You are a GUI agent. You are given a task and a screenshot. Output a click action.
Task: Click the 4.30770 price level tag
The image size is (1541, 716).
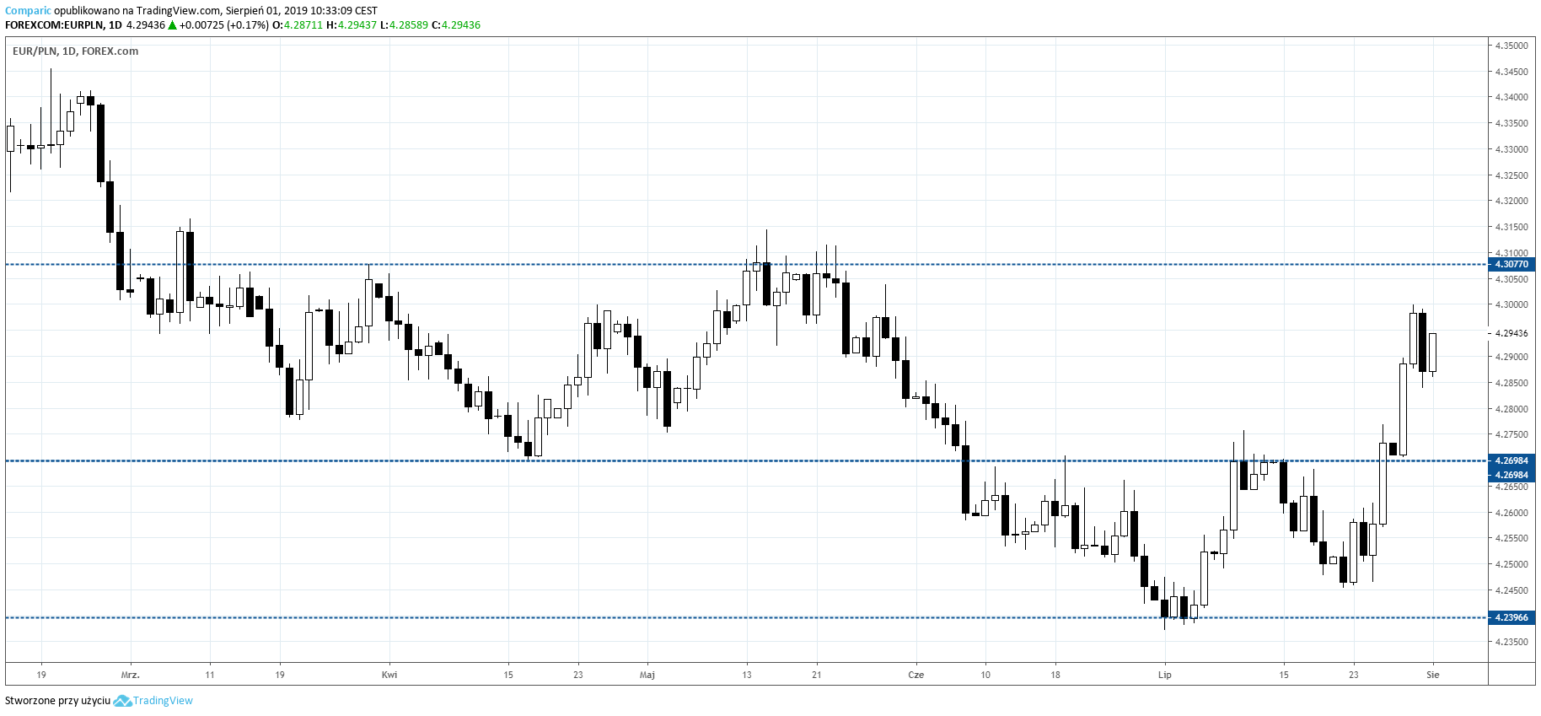pos(1511,264)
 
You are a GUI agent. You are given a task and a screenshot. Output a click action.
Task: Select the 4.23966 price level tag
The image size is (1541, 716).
pos(1511,617)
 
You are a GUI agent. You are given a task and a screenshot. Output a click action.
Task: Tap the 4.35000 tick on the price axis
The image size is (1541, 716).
pos(1511,46)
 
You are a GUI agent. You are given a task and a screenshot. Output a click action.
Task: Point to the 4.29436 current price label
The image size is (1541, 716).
pos(1511,333)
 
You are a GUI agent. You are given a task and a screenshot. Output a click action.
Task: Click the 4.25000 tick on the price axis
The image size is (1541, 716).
pos(1511,564)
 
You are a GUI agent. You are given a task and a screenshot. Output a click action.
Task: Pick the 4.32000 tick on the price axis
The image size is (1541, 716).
pos(1511,201)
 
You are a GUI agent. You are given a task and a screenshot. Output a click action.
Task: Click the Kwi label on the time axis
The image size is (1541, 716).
pos(389,675)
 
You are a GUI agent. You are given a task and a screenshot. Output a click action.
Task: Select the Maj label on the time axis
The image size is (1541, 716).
pos(647,675)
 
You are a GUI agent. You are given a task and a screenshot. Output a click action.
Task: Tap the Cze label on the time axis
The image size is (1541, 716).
pos(915,675)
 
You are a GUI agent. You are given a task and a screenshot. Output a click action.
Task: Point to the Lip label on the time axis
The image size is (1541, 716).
pos(1164,675)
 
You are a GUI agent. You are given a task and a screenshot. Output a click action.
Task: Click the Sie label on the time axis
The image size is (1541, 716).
pos(1432,675)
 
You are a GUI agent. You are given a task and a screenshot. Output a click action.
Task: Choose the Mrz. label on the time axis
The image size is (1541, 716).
pos(130,675)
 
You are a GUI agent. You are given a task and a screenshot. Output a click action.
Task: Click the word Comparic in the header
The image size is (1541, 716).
pos(28,11)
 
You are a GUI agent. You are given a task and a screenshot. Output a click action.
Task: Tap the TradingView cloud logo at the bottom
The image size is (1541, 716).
pos(122,701)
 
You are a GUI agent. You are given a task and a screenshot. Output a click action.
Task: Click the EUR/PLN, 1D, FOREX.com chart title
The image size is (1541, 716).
pos(75,51)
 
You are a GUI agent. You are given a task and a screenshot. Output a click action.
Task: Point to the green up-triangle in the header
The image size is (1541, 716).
pos(172,25)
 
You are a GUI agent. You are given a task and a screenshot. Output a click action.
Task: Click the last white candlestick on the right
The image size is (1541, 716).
pos(1432,352)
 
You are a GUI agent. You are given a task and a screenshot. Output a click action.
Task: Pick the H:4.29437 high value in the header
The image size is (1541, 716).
pos(352,25)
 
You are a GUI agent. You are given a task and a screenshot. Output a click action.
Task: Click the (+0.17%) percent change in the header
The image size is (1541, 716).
pos(248,25)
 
